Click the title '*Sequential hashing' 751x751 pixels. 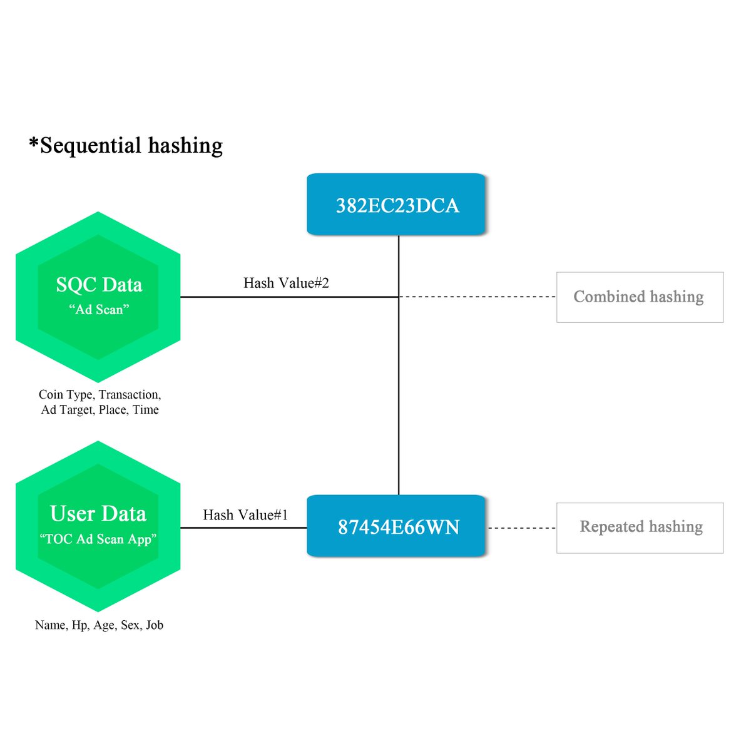click(126, 145)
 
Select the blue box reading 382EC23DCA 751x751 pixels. click(397, 205)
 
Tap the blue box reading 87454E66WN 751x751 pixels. click(397, 526)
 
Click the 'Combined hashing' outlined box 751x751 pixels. click(639, 297)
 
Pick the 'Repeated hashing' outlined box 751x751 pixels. click(639, 527)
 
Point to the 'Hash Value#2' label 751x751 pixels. click(286, 283)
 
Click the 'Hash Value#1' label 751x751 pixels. click(245, 514)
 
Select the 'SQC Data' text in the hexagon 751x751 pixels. click(99, 285)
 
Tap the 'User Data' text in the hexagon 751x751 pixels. click(98, 514)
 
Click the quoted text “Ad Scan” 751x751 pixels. click(99, 309)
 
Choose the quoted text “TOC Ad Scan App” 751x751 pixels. click(98, 539)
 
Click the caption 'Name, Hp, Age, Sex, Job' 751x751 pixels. click(99, 625)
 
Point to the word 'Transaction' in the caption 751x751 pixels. click(130, 394)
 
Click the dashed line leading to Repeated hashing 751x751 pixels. click(521, 528)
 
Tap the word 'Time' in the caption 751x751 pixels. click(146, 409)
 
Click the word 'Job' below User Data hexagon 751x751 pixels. click(155, 625)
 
